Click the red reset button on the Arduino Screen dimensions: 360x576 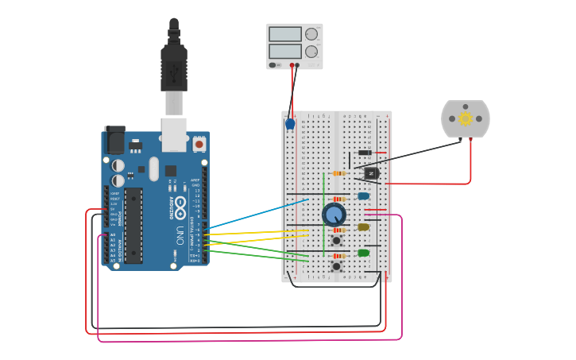click(198, 144)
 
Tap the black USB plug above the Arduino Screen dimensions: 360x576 click(174, 68)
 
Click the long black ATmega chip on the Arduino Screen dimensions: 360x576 click(133, 224)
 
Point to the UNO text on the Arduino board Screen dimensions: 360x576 click(180, 235)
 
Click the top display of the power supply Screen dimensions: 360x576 click(284, 34)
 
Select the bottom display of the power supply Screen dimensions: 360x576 click(284, 51)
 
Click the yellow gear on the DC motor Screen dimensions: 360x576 click(466, 119)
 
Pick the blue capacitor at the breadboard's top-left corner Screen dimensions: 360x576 click(290, 123)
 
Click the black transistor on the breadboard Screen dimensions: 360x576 click(371, 172)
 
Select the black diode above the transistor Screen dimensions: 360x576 click(365, 153)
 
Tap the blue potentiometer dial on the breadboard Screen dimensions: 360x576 click(334, 214)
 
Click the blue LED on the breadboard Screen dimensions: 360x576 click(363, 195)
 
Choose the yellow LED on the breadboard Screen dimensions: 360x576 click(363, 226)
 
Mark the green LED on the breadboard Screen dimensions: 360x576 click(363, 253)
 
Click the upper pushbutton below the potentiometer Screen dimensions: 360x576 click(337, 239)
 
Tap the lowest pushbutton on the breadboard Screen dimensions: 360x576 click(337, 266)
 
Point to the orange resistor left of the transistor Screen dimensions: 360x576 click(339, 172)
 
